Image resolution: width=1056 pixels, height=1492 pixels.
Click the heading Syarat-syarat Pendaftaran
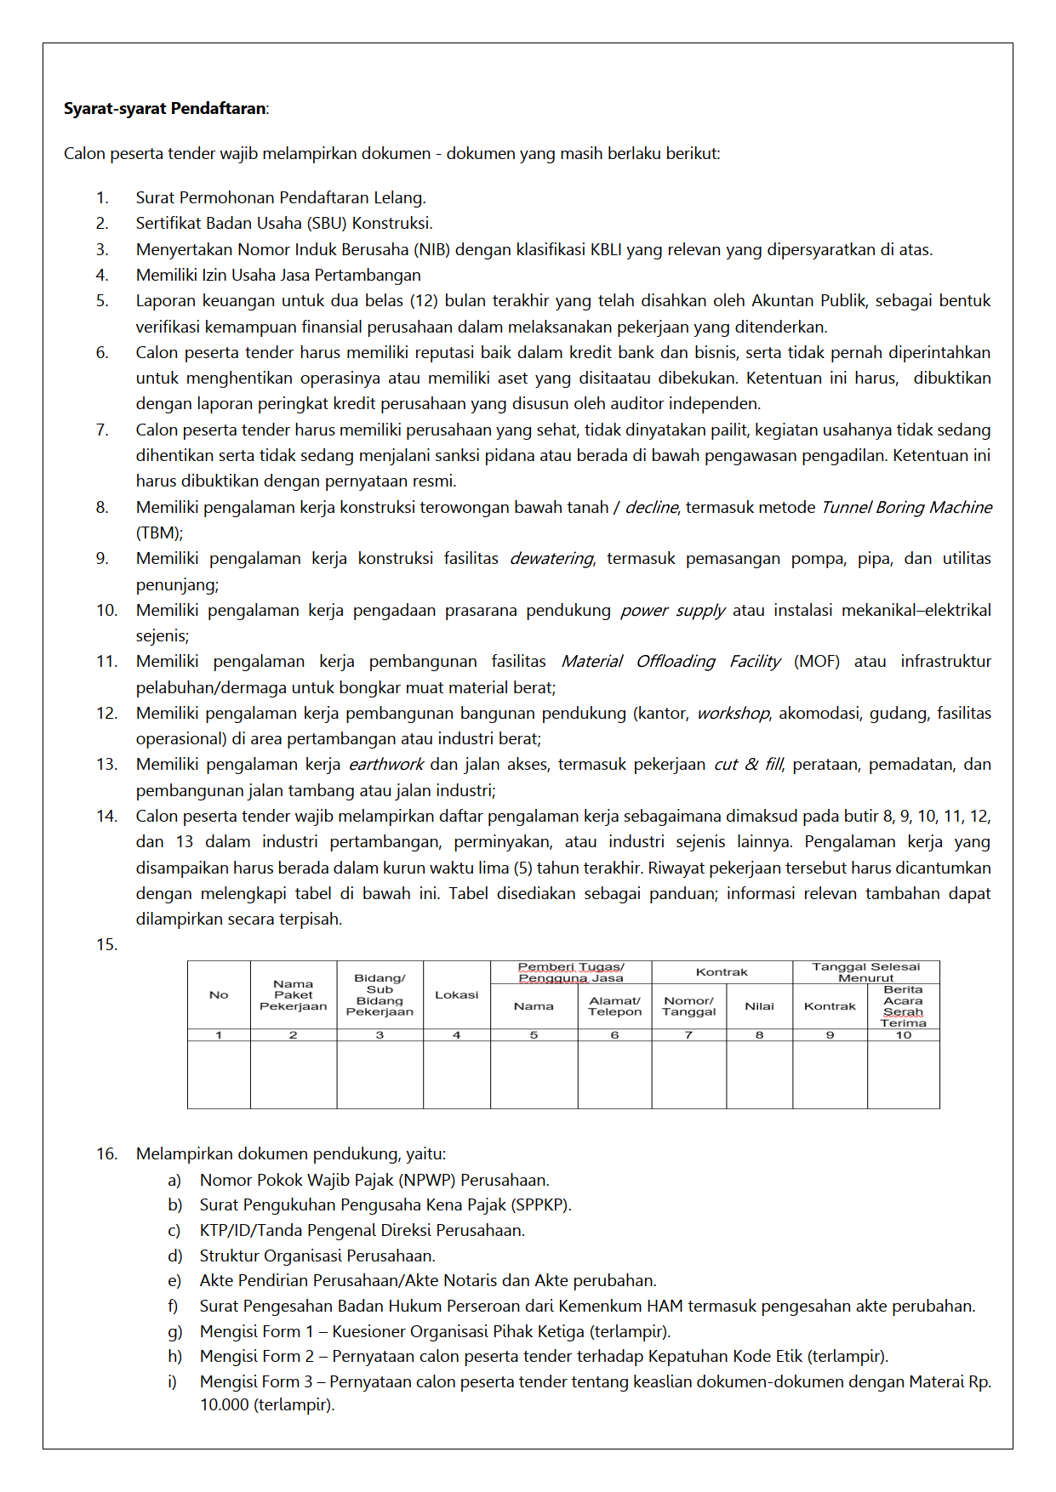pyautogui.click(x=165, y=109)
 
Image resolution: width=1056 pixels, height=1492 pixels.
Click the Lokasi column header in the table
pyautogui.click(x=456, y=994)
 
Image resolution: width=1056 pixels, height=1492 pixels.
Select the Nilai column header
pyautogui.click(x=759, y=1006)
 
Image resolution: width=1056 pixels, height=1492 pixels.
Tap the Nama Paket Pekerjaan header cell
pyautogui.click(x=293, y=995)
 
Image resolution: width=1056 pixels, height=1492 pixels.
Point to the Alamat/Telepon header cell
pyautogui.click(x=614, y=1006)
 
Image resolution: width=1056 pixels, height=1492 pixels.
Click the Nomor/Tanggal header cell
pyautogui.click(x=688, y=1006)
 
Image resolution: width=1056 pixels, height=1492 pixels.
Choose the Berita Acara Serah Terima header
pyautogui.click(x=903, y=1006)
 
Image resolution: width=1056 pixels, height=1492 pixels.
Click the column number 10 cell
pyautogui.click(x=903, y=1035)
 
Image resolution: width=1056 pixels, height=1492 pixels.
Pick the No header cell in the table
pyautogui.click(x=219, y=995)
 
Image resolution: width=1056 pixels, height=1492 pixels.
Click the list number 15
pyautogui.click(x=106, y=945)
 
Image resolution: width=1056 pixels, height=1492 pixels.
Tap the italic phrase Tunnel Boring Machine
pyautogui.click(x=906, y=508)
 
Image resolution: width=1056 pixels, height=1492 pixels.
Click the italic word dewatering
pyautogui.click(x=551, y=559)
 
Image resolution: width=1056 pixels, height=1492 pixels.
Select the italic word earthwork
pyautogui.click(x=386, y=765)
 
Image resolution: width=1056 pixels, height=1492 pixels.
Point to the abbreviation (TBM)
pyautogui.click(x=159, y=533)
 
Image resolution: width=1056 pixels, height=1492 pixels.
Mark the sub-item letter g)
pyautogui.click(x=174, y=1332)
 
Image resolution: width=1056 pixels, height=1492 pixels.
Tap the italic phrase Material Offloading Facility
pyautogui.click(x=671, y=662)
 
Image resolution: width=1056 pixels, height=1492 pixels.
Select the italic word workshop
pyautogui.click(x=733, y=714)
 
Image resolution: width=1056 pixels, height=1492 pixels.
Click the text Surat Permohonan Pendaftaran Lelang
pyautogui.click(x=281, y=198)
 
